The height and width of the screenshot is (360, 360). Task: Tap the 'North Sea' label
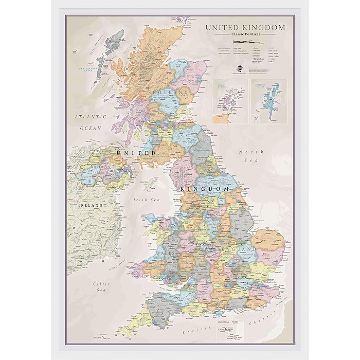(x=254, y=156)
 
